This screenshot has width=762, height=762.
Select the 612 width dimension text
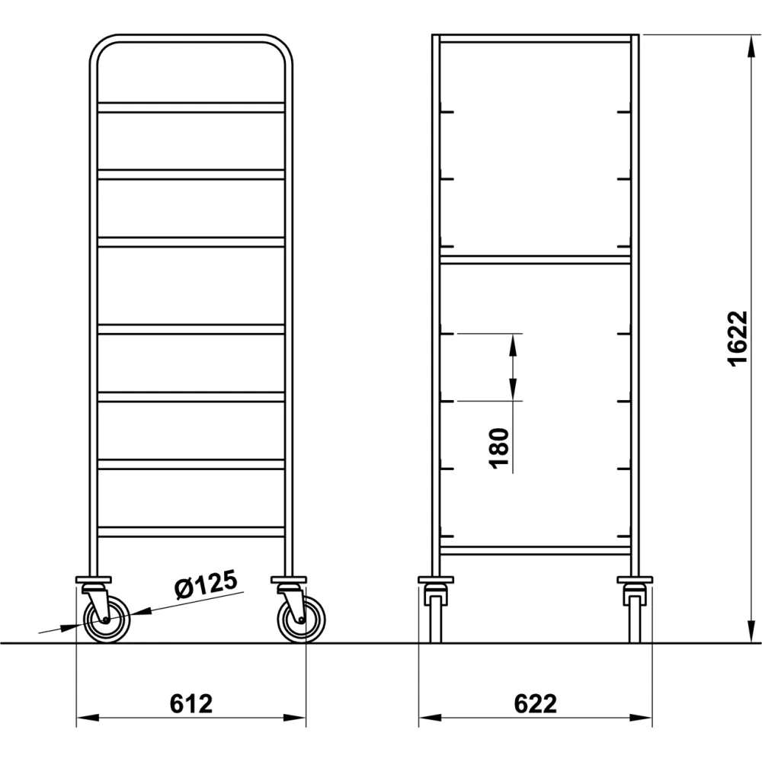pos(190,703)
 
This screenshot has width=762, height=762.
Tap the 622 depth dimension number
pos(535,703)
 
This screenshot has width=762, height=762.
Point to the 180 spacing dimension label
pos(499,448)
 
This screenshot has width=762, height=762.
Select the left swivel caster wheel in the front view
pos(107,620)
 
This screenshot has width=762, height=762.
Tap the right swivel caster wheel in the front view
pos(302,620)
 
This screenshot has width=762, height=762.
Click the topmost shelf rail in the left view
pos(190,107)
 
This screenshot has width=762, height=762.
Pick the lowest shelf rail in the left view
pos(190,531)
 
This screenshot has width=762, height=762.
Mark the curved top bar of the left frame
pos(190,38)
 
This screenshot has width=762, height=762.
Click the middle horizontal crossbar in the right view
pos(535,260)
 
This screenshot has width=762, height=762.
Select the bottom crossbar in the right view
pos(535,549)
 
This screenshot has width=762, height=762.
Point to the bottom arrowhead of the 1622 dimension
pos(744,634)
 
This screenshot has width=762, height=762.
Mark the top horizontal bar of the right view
pos(535,38)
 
